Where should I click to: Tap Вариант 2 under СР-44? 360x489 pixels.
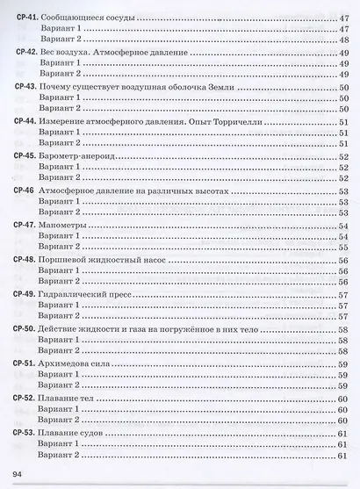coord(63,143)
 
